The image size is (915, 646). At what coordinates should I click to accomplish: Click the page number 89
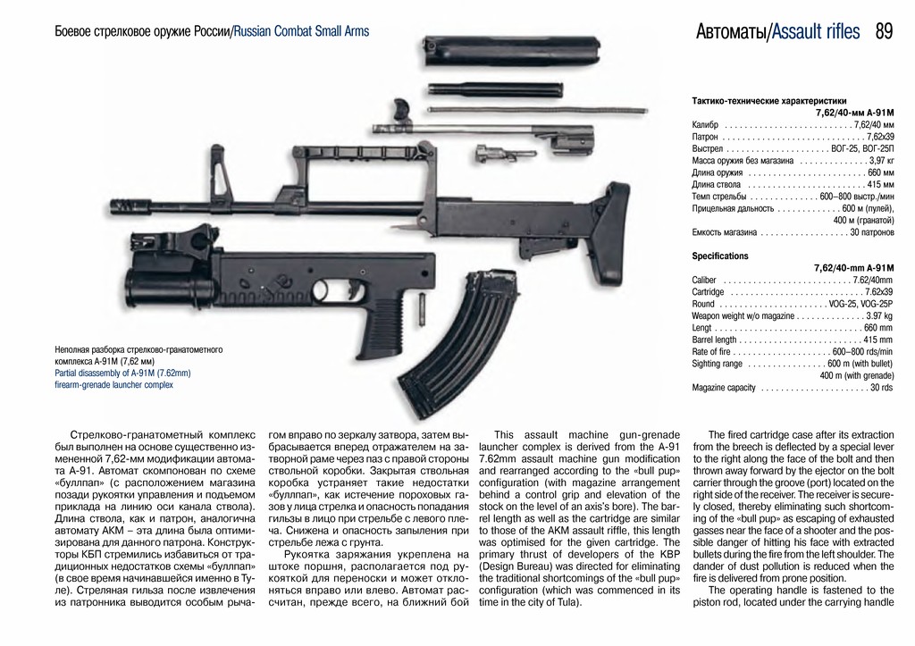tap(884, 32)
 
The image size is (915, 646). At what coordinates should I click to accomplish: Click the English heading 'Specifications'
tap(720, 256)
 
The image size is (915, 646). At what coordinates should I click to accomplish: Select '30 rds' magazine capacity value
tap(881, 388)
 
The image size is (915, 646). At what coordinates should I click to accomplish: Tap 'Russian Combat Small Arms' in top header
tap(301, 32)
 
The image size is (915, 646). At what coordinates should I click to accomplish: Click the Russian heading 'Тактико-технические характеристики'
tap(768, 101)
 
